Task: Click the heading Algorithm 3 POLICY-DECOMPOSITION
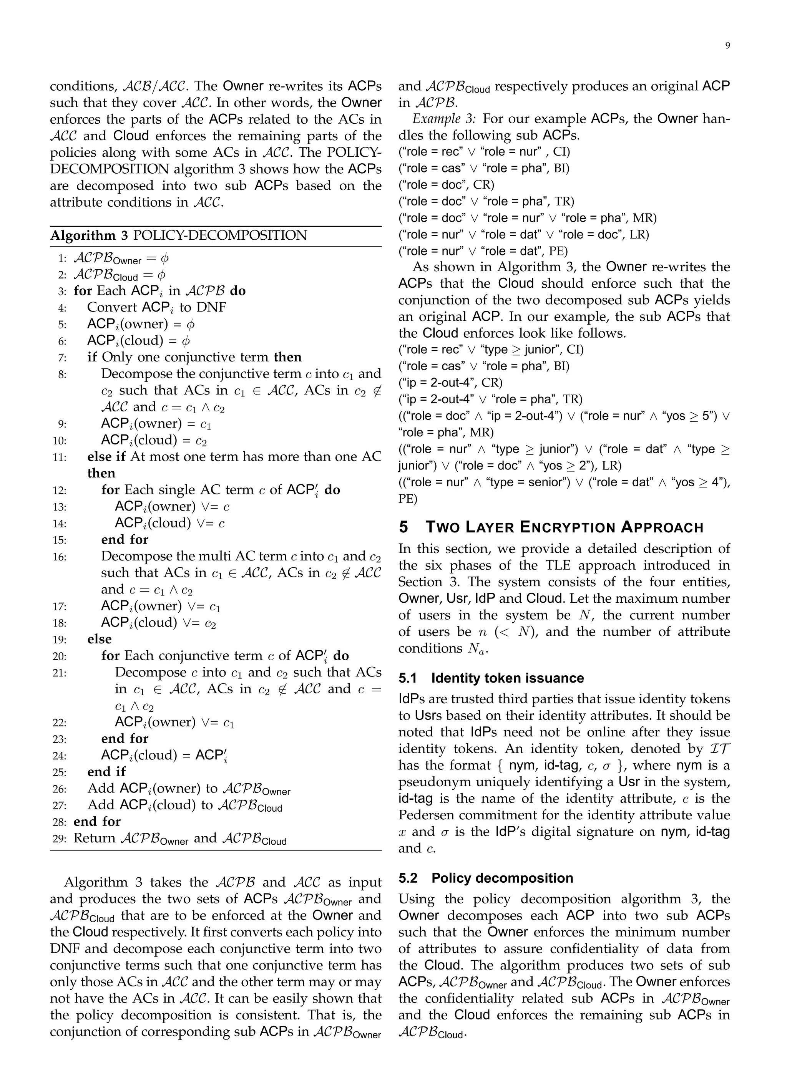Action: (x=179, y=235)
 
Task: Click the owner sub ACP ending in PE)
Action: (x=483, y=251)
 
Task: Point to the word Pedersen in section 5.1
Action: (x=425, y=815)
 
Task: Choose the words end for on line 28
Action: (x=97, y=822)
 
